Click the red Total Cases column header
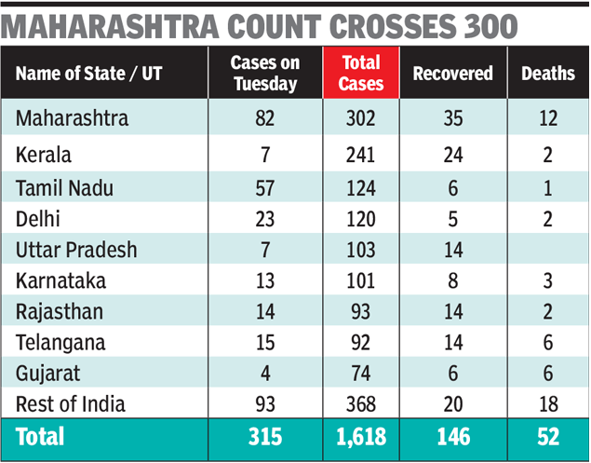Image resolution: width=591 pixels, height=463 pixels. click(x=361, y=74)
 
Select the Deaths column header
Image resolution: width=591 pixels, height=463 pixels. click(x=547, y=74)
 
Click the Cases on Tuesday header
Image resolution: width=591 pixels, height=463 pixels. click(x=265, y=74)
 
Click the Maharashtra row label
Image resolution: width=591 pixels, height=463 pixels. click(x=73, y=119)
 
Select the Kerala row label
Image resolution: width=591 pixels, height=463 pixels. click(x=44, y=154)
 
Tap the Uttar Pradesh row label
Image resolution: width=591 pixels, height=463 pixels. click(x=76, y=250)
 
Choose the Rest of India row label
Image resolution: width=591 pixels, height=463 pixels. click(x=71, y=403)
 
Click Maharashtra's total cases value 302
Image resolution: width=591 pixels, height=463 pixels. click(x=360, y=119)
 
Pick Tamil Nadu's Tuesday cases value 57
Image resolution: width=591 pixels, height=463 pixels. click(x=265, y=188)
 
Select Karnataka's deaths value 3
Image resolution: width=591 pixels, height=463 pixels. click(x=547, y=281)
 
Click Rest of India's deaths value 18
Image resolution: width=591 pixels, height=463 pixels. click(x=547, y=403)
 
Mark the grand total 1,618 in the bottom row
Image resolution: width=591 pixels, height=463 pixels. click(x=360, y=437)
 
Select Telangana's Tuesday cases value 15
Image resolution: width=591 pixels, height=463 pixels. click(x=265, y=342)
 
